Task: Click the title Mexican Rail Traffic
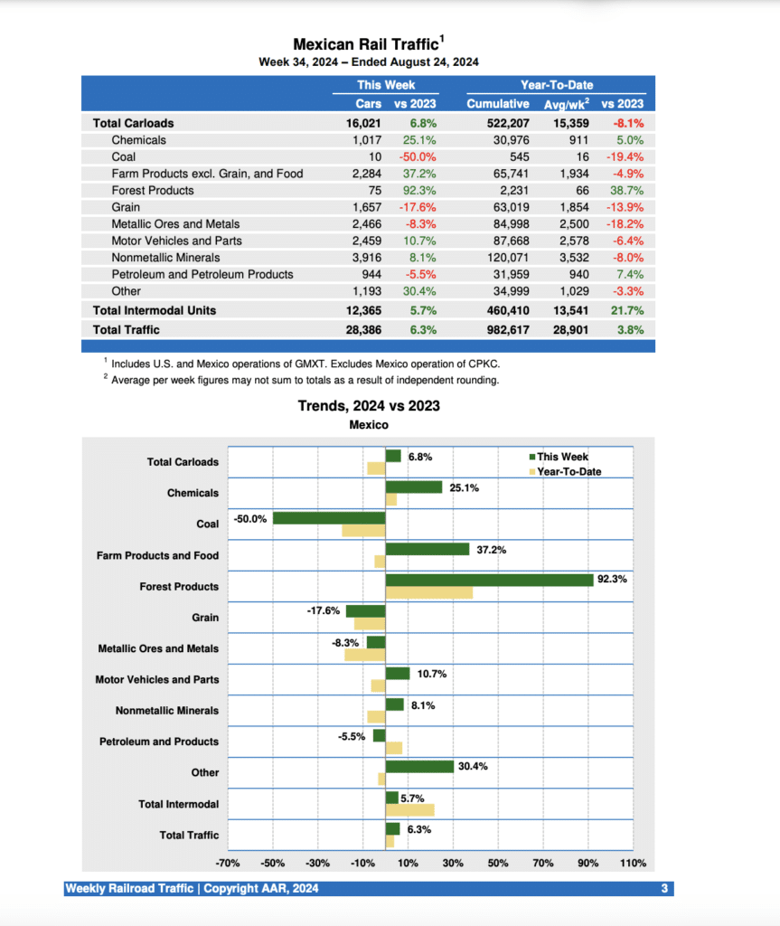(x=366, y=44)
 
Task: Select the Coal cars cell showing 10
(x=374, y=156)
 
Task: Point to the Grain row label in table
(x=126, y=207)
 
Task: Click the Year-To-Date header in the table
(x=557, y=85)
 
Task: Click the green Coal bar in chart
(x=329, y=518)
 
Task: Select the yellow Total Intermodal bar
(x=409, y=809)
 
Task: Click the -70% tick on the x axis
(x=227, y=864)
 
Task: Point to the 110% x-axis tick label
(x=633, y=864)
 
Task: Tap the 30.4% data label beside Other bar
(x=473, y=766)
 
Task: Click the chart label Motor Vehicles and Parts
(x=156, y=680)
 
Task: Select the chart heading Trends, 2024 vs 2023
(x=369, y=406)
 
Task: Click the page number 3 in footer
(x=664, y=889)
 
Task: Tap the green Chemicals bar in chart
(x=413, y=487)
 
